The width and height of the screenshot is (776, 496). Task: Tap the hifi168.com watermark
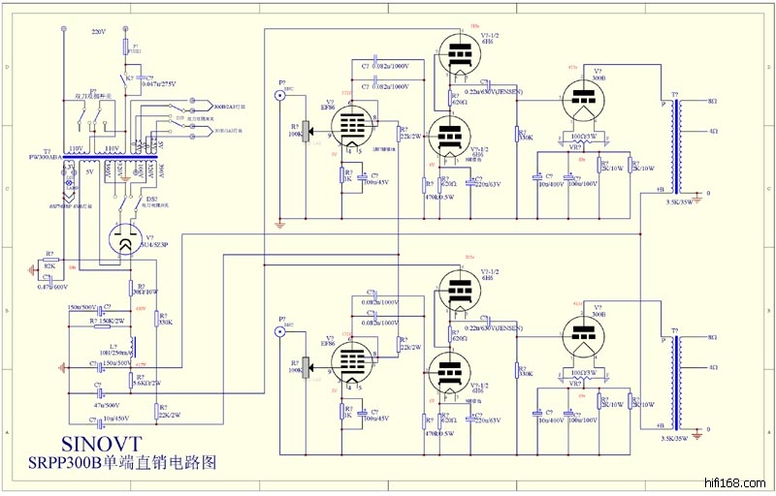(x=738, y=480)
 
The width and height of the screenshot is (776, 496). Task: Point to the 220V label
(x=98, y=31)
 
